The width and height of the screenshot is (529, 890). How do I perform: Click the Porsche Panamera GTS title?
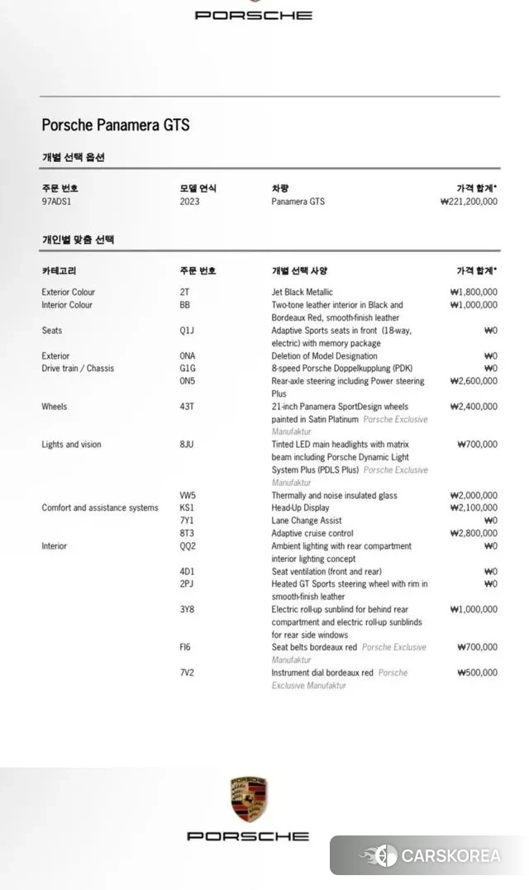(x=116, y=126)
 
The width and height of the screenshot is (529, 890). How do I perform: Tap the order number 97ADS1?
(x=57, y=202)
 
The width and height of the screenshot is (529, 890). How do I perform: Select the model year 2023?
(x=189, y=202)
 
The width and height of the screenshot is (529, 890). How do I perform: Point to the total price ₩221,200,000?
(x=469, y=202)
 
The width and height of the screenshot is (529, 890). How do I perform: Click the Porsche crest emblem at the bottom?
(x=248, y=799)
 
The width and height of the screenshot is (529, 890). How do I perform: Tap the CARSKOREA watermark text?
(x=450, y=855)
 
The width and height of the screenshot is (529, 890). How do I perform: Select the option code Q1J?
(x=188, y=331)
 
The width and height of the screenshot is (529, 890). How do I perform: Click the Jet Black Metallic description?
(x=302, y=292)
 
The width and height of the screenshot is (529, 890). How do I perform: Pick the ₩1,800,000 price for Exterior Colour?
(x=474, y=292)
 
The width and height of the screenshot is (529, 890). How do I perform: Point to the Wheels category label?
(x=55, y=407)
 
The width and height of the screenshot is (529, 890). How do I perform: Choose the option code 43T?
(x=188, y=407)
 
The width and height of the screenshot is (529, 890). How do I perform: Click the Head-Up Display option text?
(x=300, y=508)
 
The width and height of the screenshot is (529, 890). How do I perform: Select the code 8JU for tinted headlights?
(x=188, y=445)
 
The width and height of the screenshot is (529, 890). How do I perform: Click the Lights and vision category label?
(x=71, y=445)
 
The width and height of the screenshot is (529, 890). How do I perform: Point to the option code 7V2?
(x=187, y=673)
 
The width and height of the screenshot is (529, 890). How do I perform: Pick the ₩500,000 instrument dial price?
(x=477, y=673)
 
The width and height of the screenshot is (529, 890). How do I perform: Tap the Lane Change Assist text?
(x=306, y=521)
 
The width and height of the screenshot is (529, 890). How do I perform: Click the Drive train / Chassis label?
(x=78, y=369)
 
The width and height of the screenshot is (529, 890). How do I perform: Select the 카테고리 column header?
(x=59, y=271)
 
